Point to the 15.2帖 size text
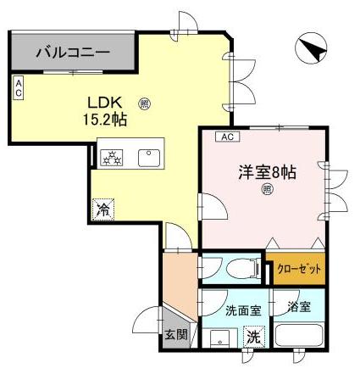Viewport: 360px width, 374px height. click(104, 120)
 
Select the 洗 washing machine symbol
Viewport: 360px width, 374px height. click(252, 337)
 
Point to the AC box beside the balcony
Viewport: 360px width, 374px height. click(18, 87)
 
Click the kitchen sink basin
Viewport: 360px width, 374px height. click(152, 156)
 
